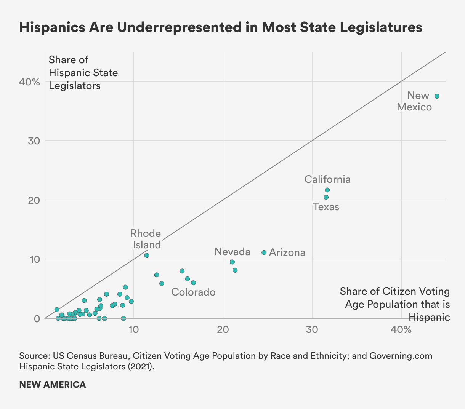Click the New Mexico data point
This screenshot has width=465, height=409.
pos(437,96)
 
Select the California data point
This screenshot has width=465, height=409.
pos(327,190)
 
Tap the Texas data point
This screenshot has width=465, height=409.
pos(326,197)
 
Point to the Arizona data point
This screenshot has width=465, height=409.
pos(264,252)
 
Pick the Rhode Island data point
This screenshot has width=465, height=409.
pos(147,256)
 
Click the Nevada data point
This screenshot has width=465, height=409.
pos(232,262)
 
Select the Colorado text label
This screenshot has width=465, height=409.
pos(193,292)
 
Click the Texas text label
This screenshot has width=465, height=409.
pos(326,207)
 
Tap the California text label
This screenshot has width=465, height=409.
pos(327,179)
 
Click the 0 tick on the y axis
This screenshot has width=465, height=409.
pos(37,318)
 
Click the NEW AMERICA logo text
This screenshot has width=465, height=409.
pos(53,385)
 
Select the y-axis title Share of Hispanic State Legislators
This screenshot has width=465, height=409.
pos(83,73)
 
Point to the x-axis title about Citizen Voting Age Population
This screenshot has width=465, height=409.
pos(395,304)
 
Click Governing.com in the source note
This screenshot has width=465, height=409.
pos(401,356)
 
